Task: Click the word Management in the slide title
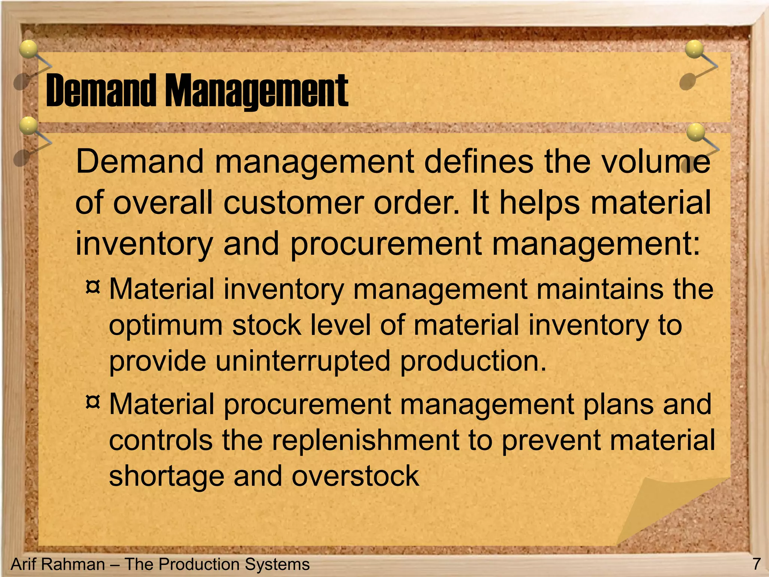(x=257, y=91)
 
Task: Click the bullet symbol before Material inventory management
(x=93, y=287)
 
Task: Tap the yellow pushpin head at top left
(x=28, y=49)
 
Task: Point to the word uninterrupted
(x=303, y=361)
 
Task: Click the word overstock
(x=355, y=476)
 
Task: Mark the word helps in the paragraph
(x=539, y=203)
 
